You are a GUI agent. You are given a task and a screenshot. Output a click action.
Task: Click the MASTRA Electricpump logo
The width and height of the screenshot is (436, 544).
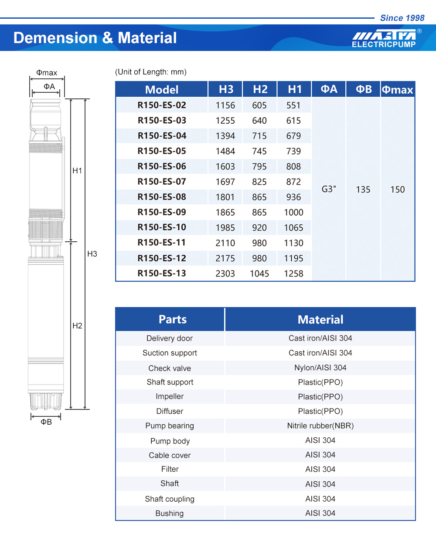(x=384, y=38)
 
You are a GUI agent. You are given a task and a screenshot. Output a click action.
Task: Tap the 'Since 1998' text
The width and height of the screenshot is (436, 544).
(x=402, y=18)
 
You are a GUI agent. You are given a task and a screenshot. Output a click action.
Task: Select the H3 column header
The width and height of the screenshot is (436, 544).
(x=226, y=89)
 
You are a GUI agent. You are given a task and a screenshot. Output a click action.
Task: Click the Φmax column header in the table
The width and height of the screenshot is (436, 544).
(x=397, y=90)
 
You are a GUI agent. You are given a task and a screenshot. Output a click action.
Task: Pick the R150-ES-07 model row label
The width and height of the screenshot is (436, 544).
(x=162, y=182)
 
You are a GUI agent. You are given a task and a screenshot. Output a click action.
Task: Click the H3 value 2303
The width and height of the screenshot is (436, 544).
(x=225, y=274)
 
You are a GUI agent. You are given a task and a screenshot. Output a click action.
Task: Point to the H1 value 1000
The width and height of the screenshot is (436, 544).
(x=293, y=213)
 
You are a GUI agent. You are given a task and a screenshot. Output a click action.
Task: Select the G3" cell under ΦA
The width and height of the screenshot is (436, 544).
(x=329, y=189)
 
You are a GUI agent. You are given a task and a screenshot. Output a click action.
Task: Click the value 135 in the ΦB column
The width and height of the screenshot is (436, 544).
(x=363, y=189)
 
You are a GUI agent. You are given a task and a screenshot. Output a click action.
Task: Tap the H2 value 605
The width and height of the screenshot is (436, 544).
(x=259, y=105)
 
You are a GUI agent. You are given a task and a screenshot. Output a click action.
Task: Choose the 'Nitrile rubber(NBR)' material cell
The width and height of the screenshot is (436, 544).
(x=320, y=426)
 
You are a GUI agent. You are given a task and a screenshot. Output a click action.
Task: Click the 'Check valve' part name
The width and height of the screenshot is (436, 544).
(x=170, y=368)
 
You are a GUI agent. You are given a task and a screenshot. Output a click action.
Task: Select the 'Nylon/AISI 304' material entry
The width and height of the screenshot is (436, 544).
(x=320, y=368)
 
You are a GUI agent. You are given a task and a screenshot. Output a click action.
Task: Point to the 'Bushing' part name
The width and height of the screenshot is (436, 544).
(x=170, y=513)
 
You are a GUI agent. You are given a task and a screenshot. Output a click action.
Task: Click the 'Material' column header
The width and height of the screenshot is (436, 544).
(x=320, y=320)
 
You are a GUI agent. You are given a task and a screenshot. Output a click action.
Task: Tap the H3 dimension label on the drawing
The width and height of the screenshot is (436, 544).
(x=92, y=254)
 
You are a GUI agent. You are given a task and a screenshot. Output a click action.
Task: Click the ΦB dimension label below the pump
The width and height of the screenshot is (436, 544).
(x=46, y=422)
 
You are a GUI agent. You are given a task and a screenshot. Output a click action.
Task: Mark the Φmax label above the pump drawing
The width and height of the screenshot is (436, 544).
(x=47, y=73)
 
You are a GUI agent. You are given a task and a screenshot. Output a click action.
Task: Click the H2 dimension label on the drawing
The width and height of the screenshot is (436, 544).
(x=77, y=325)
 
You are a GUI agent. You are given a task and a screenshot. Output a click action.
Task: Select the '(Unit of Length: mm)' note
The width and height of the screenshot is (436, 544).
(x=150, y=72)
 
